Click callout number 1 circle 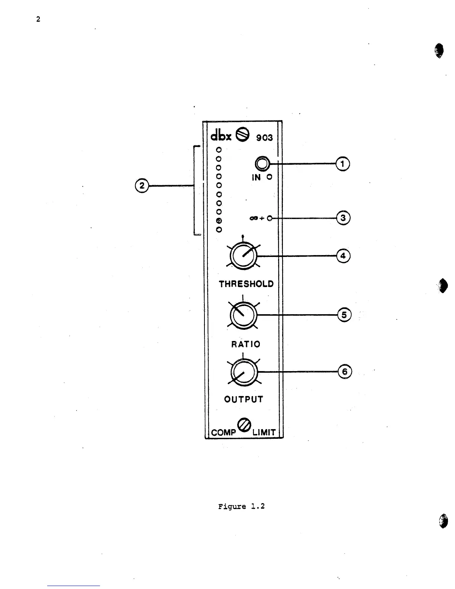point(343,164)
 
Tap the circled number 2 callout point(141,185)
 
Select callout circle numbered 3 point(343,218)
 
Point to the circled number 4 point(343,256)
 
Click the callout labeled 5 point(344,315)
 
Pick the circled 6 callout point(345,371)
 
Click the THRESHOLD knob point(243,256)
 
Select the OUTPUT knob point(243,372)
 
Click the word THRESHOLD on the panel point(246,284)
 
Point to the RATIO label point(246,344)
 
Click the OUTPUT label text point(243,399)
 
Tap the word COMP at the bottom point(223,432)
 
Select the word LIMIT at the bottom point(264,432)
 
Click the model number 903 point(264,138)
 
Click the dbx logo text point(221,135)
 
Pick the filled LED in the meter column point(219,221)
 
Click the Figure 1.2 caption point(241,506)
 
